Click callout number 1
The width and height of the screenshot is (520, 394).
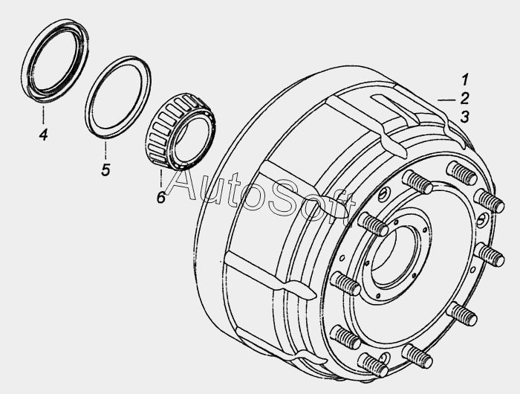465,80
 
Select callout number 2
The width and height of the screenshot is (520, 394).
464,98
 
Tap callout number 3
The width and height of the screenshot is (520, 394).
464,117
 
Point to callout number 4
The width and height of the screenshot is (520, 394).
43,135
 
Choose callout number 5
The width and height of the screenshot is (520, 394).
105,170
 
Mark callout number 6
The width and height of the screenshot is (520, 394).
161,197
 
